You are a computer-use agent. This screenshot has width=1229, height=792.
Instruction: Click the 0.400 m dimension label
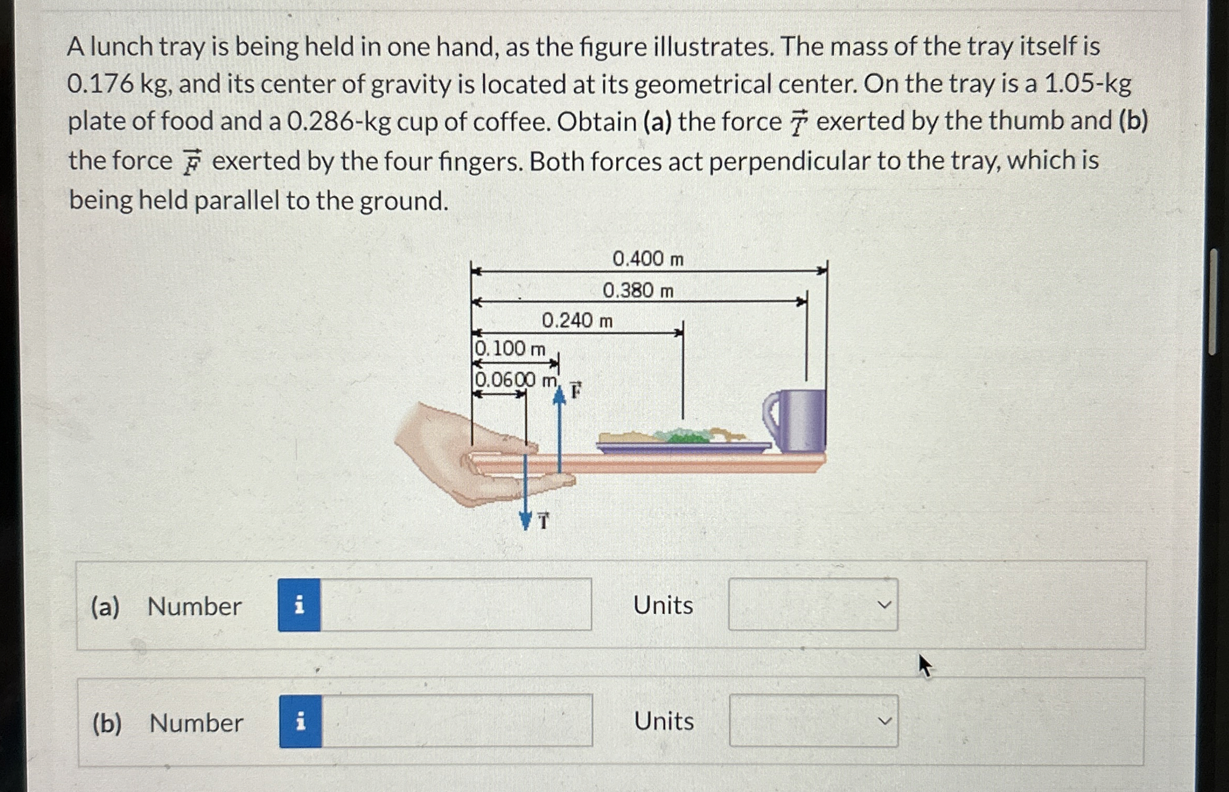click(648, 259)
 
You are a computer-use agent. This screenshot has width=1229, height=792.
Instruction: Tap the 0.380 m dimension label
click(638, 290)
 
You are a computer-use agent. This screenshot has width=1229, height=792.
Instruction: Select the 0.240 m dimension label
click(577, 321)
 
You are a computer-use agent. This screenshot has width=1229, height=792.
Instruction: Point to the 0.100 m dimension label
click(510, 349)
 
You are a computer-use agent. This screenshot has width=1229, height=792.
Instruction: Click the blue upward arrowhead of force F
click(559, 397)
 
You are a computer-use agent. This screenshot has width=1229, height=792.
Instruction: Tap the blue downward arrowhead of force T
click(526, 521)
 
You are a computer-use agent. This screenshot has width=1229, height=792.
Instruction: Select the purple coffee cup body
click(802, 420)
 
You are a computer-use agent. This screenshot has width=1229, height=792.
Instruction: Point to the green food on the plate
click(683, 435)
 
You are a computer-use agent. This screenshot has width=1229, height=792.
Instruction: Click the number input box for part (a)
click(456, 605)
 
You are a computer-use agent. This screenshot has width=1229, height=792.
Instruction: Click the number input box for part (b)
click(457, 720)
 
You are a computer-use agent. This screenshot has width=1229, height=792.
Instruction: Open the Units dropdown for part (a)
click(813, 604)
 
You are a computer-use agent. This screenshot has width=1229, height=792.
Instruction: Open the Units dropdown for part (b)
click(814, 720)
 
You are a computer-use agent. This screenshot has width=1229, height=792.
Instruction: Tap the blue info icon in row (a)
click(299, 605)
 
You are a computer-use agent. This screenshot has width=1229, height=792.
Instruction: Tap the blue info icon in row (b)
click(300, 721)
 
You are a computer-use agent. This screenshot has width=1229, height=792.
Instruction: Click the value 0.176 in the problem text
click(101, 84)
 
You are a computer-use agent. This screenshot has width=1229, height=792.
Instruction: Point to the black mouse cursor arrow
click(924, 665)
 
